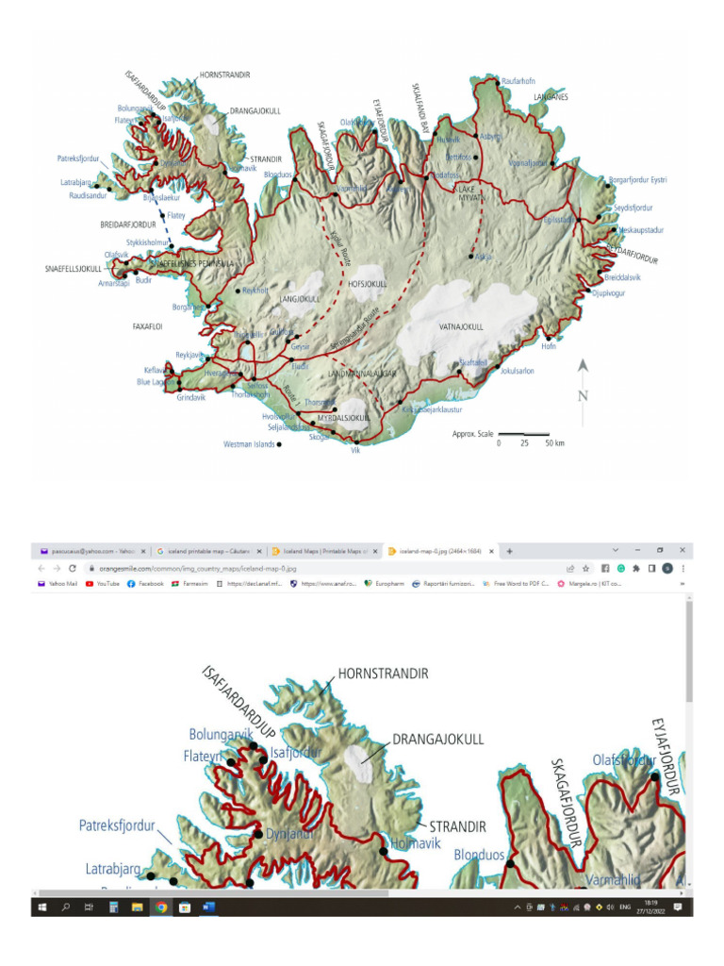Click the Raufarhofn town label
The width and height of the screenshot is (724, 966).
(x=519, y=81)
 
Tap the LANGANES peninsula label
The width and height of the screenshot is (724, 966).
(x=552, y=97)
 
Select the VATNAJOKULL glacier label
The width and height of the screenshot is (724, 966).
(x=461, y=326)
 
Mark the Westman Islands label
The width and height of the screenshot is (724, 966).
(x=248, y=443)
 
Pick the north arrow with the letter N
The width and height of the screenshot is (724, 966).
(x=583, y=382)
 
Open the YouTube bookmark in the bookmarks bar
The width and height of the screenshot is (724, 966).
(x=103, y=584)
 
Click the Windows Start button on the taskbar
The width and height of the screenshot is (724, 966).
(x=42, y=907)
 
